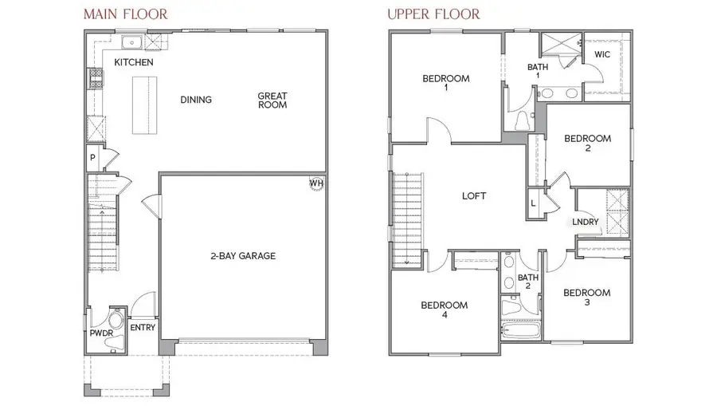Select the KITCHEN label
(x=134, y=62)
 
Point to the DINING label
(x=196, y=100)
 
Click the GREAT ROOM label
(x=272, y=101)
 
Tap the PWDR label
(x=96, y=334)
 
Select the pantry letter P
(x=92, y=158)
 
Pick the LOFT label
(x=474, y=195)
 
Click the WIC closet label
(x=602, y=55)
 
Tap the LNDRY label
(x=585, y=223)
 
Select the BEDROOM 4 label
(x=445, y=310)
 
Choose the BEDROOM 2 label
(x=587, y=144)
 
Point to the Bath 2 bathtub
(x=520, y=329)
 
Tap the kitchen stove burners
(x=92, y=78)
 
